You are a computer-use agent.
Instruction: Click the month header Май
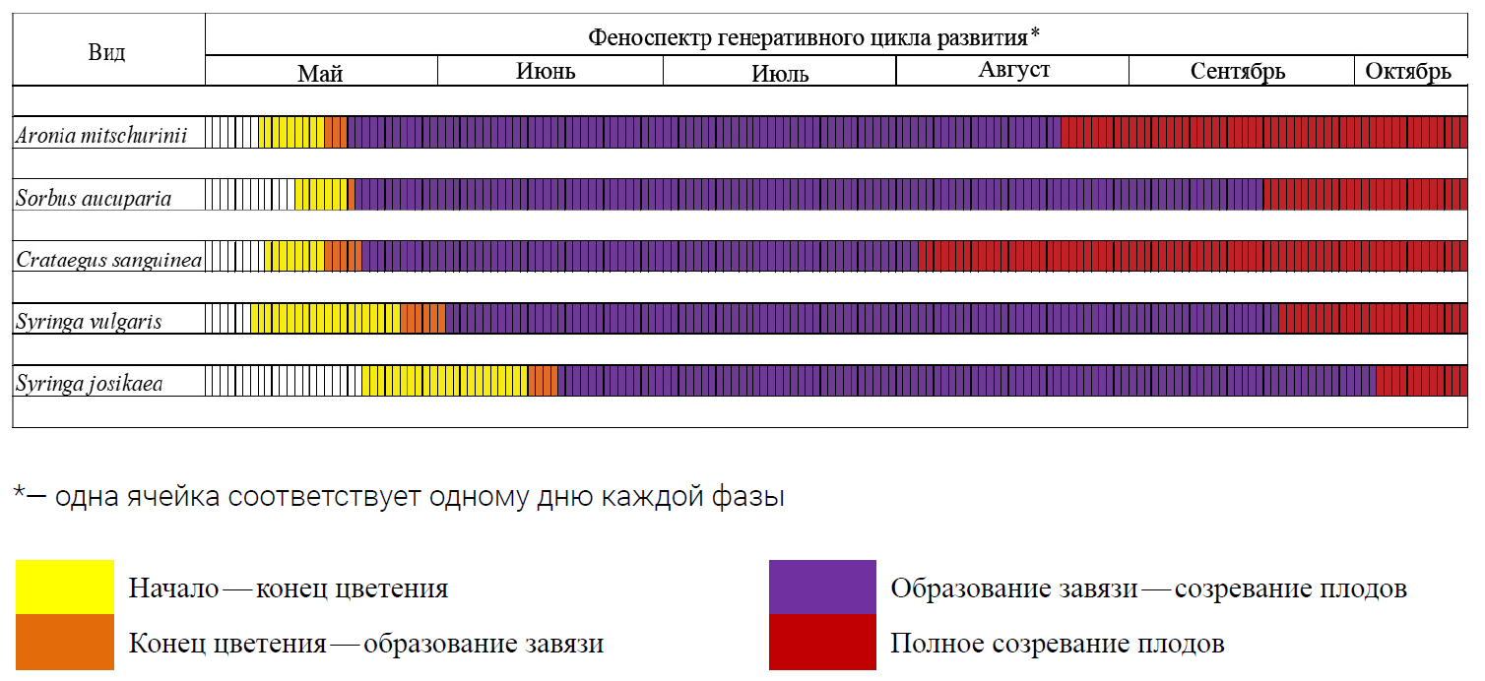(321, 72)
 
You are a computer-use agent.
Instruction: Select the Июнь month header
(546, 71)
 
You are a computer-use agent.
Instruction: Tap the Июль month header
(780, 73)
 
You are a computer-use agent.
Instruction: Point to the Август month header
(1014, 70)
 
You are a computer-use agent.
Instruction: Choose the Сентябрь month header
(1238, 71)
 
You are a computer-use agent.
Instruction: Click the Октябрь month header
(1408, 71)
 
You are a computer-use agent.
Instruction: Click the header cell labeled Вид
(106, 52)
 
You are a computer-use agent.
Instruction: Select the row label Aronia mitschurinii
(101, 135)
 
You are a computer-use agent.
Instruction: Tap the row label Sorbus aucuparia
(94, 198)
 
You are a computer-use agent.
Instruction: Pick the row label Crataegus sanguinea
(108, 260)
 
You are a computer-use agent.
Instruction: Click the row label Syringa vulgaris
(89, 321)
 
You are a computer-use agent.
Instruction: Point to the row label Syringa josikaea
(90, 383)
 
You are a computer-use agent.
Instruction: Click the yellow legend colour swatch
(64, 588)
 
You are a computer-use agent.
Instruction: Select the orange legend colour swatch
(64, 643)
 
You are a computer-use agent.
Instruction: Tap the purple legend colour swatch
(822, 588)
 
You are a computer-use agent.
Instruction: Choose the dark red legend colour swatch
(822, 643)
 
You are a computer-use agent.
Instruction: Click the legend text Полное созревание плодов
(1058, 644)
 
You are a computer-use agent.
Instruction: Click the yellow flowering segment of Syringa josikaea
(444, 381)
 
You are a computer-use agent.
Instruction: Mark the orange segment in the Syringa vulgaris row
(422, 319)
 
